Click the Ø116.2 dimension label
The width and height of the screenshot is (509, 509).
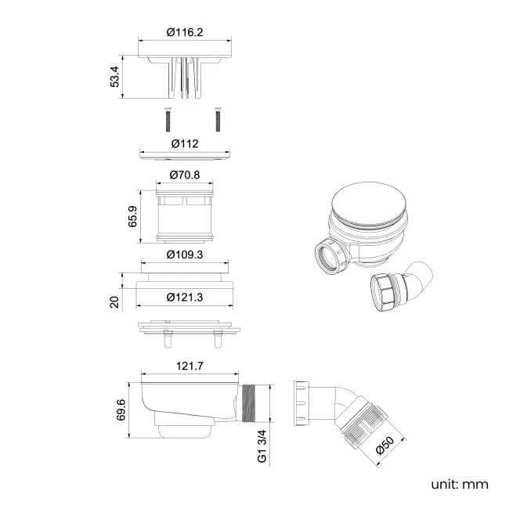click(x=186, y=32)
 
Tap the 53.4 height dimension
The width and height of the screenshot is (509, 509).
click(x=115, y=77)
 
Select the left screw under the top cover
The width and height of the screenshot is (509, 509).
click(x=168, y=119)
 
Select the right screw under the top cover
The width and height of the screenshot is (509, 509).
click(x=217, y=119)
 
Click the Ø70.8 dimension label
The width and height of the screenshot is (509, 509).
click(x=185, y=175)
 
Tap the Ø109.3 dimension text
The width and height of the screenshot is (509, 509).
click(x=185, y=255)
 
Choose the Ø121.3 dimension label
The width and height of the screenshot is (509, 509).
click(x=186, y=297)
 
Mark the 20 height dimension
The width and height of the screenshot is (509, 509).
click(x=114, y=302)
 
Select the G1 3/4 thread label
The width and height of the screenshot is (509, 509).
click(x=262, y=444)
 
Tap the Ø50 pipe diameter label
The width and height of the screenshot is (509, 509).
click(x=384, y=445)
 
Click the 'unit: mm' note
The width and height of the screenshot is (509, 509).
click(x=459, y=483)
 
